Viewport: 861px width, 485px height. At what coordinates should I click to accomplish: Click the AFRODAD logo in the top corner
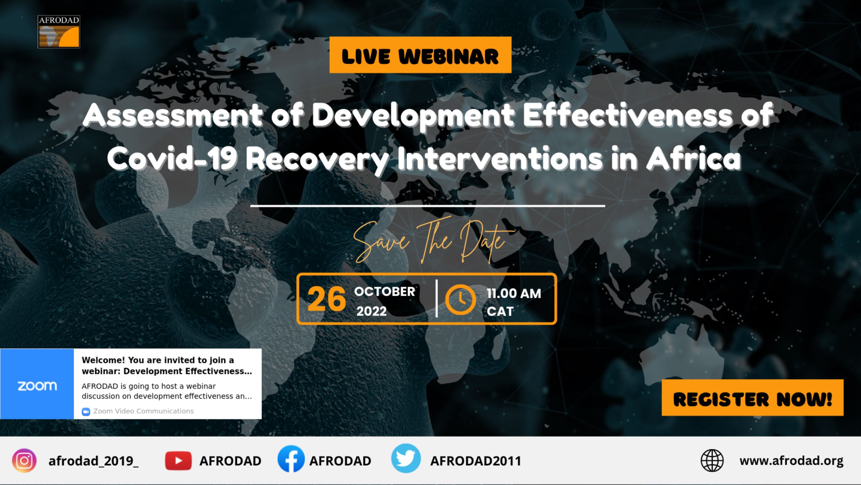click(x=59, y=32)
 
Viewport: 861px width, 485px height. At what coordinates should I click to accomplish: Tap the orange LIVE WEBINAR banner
click(x=420, y=55)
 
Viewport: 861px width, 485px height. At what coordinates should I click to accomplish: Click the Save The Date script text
click(x=434, y=241)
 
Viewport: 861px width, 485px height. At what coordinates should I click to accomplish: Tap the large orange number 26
click(x=327, y=299)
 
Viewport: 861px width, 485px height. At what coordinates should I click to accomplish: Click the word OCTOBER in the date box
click(x=385, y=292)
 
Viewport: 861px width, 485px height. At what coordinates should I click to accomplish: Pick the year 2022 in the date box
click(x=371, y=312)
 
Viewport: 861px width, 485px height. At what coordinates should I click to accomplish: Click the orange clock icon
click(x=461, y=299)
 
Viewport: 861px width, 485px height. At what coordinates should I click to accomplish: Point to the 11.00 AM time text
click(x=514, y=293)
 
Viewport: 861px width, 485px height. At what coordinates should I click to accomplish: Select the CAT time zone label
click(x=500, y=312)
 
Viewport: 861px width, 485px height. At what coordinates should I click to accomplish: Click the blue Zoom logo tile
click(x=37, y=384)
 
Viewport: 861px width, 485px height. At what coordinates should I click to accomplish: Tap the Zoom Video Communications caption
click(x=143, y=411)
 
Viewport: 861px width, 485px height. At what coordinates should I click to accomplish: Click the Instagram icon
click(x=24, y=461)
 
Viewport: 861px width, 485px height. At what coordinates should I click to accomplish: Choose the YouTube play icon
click(x=178, y=461)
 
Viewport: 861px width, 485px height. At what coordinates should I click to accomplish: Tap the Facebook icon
click(x=291, y=459)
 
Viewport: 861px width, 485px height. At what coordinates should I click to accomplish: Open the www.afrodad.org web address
click(x=791, y=461)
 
